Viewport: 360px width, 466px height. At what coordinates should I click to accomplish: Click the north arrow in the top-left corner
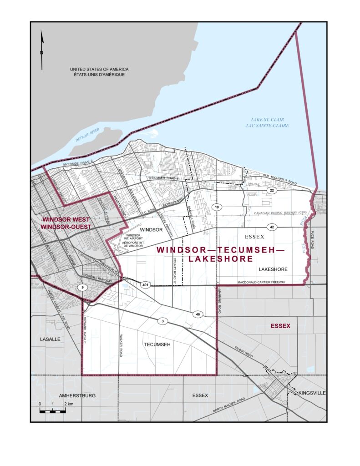click(42, 50)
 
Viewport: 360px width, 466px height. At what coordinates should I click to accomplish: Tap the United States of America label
click(96, 72)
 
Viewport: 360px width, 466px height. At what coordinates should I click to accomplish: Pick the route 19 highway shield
click(217, 208)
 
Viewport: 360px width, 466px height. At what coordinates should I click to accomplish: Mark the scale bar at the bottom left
click(52, 409)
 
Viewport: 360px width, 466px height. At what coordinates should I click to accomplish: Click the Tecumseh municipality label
click(157, 344)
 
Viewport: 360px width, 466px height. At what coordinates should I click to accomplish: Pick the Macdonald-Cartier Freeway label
click(261, 282)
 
